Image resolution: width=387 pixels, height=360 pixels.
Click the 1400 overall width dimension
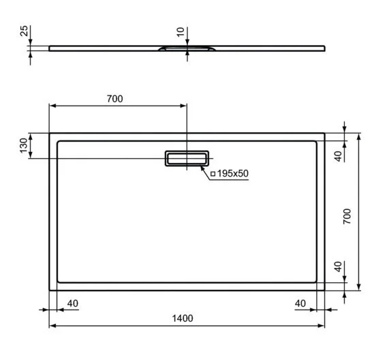point(183,318)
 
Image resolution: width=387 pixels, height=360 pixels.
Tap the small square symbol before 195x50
point(213,175)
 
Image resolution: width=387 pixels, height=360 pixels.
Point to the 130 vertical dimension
point(23,145)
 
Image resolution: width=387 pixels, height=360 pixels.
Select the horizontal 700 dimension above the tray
point(114,99)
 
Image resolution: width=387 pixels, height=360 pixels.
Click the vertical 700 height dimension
point(347,216)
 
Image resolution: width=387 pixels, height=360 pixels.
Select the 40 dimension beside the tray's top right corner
point(337,156)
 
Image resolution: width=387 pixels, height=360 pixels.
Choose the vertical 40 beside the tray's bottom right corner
point(337,266)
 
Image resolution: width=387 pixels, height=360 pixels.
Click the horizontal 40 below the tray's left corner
point(73,302)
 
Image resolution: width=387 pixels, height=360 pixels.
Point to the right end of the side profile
point(324,48)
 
